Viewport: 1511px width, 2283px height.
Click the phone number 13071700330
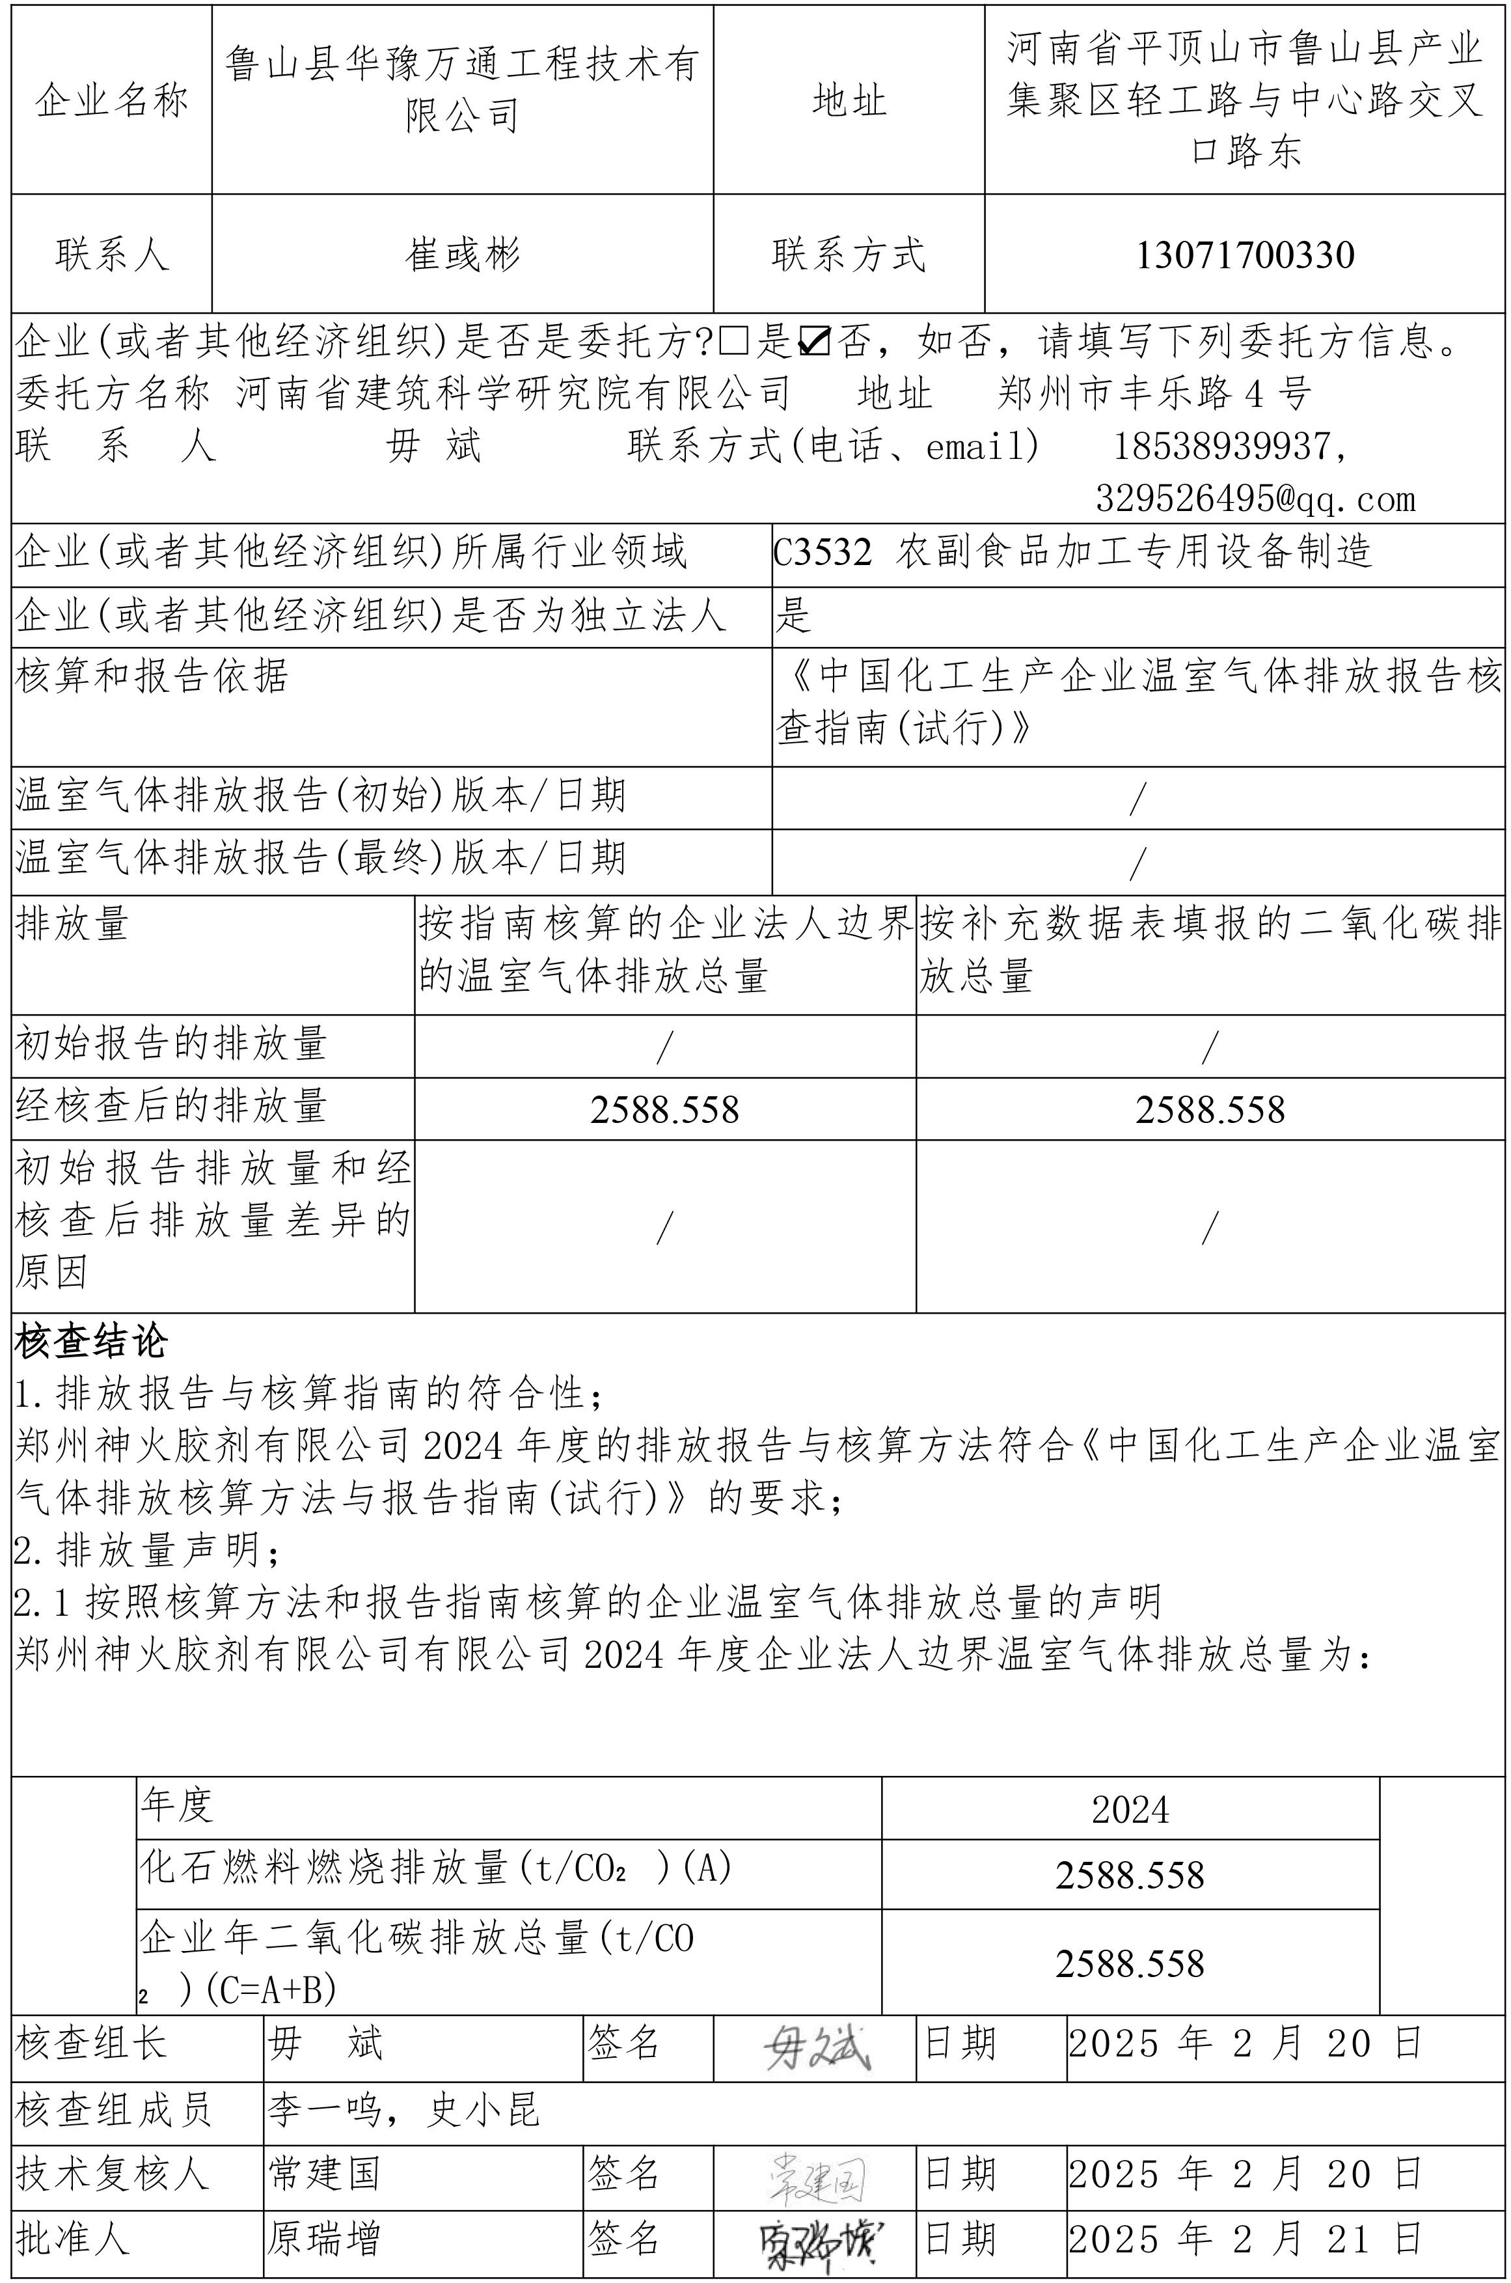1245,255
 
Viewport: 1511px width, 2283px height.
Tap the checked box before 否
815,341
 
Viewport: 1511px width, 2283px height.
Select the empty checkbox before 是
734,341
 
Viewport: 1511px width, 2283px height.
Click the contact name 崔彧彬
463,255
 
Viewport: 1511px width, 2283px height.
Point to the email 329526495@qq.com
1255,499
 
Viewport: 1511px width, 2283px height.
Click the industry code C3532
822,553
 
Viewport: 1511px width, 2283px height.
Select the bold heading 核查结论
92,1342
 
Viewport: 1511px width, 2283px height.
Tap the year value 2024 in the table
1130,1810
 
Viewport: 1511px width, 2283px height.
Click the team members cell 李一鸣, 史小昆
403,2111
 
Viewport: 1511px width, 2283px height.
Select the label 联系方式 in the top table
848,255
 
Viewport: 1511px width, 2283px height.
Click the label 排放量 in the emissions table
72,926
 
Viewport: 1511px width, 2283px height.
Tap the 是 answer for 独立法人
794,615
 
